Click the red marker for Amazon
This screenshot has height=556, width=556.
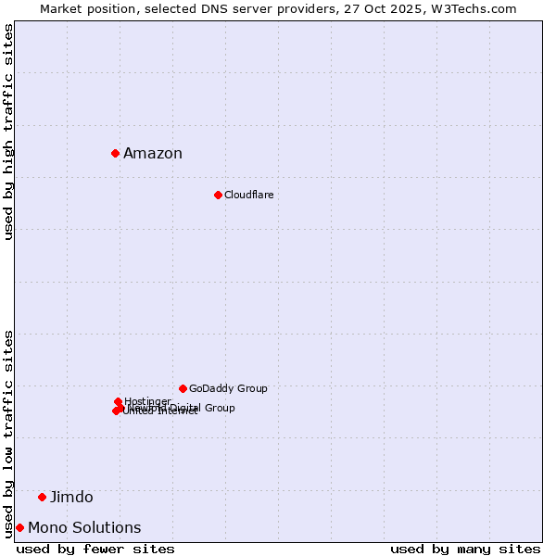pos(115,153)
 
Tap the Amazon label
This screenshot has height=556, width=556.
pos(153,154)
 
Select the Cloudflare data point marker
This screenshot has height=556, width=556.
pos(218,195)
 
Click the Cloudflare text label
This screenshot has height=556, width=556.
pos(248,195)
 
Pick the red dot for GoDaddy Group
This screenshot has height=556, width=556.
pos(183,388)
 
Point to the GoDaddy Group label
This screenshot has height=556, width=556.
pos(228,388)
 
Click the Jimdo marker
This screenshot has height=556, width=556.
pos(42,497)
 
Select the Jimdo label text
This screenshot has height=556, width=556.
pos(71,498)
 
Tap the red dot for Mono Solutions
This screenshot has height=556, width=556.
pos(19,527)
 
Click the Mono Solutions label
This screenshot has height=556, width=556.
pos(84,528)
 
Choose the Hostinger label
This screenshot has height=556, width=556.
pos(147,401)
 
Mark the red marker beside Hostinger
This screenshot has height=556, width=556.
pos(118,401)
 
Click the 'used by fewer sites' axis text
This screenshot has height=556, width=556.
pos(95,549)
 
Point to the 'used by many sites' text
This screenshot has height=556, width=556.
pos(465,549)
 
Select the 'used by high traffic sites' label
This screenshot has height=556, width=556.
pos(8,132)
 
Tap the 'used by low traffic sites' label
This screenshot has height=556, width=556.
pos(8,433)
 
